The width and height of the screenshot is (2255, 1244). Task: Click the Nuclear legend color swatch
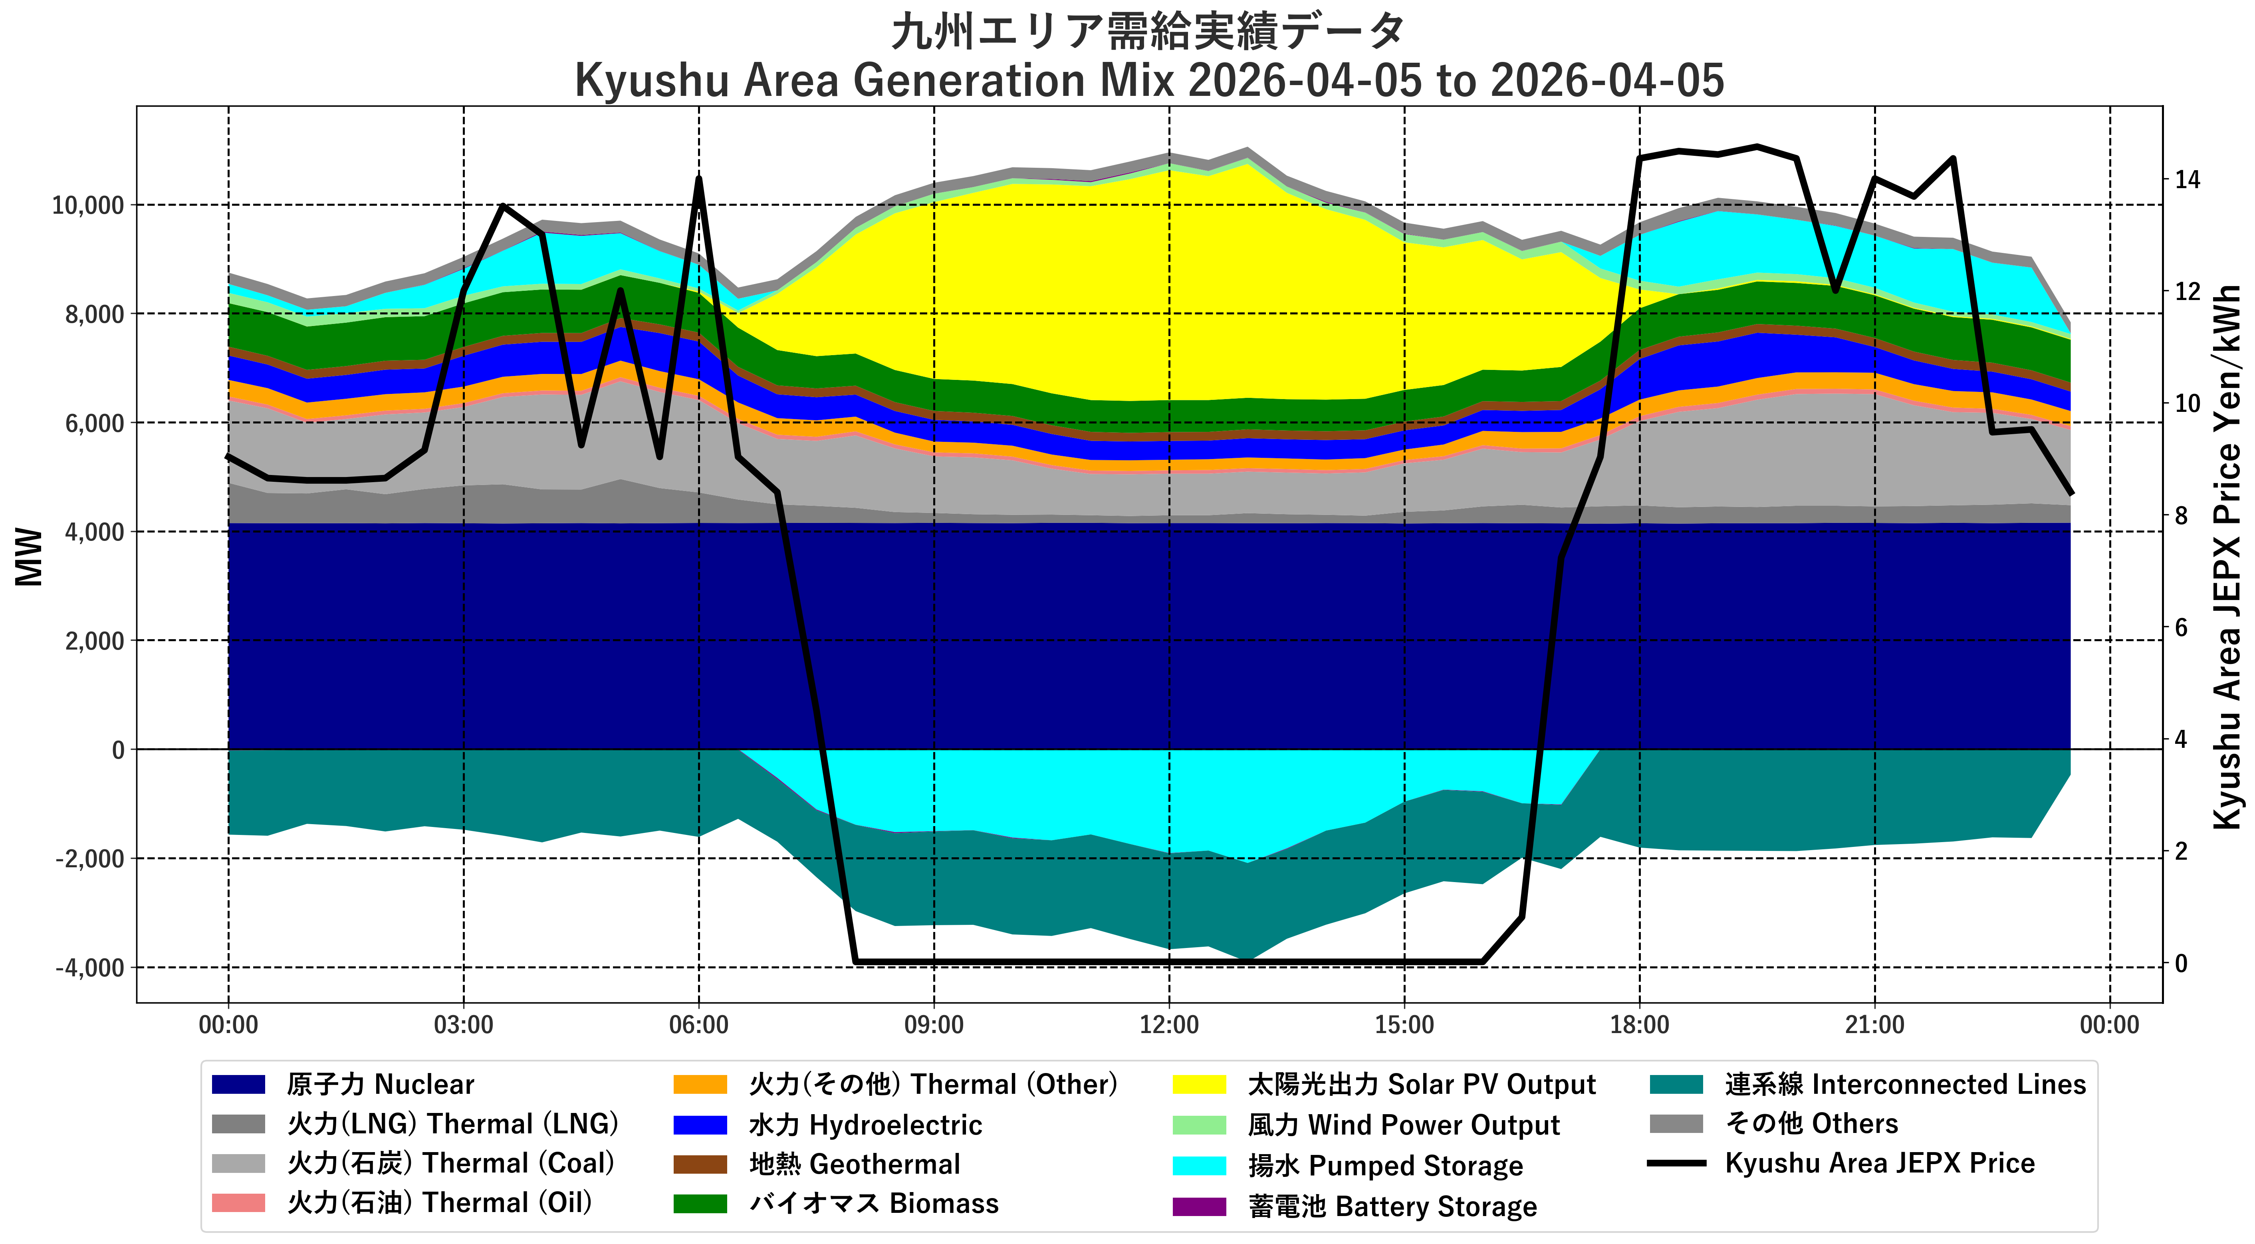click(x=238, y=1085)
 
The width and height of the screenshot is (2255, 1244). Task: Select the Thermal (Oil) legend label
click(x=439, y=1204)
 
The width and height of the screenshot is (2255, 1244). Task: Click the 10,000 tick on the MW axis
click(x=87, y=206)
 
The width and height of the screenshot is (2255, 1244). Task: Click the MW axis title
click(x=29, y=557)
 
